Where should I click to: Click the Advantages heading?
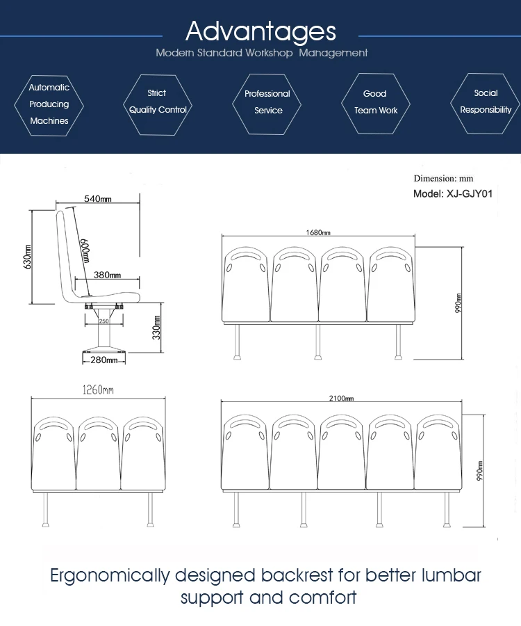pyautogui.click(x=260, y=31)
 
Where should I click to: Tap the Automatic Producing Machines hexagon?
pyautogui.click(x=49, y=104)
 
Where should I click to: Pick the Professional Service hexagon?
pyautogui.click(x=267, y=102)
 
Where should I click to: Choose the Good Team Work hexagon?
pyautogui.click(x=376, y=102)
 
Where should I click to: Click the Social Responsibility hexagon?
pyautogui.click(x=486, y=102)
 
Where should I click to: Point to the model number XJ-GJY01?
pyautogui.click(x=453, y=194)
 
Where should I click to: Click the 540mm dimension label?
pyautogui.click(x=98, y=199)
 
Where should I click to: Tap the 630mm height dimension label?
pyautogui.click(x=27, y=256)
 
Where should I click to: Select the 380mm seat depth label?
pyautogui.click(x=107, y=275)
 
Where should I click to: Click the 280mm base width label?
pyautogui.click(x=104, y=360)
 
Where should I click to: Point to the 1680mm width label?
pyautogui.click(x=318, y=232)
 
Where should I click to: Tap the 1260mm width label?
pyautogui.click(x=98, y=391)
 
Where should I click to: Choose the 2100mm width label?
pyautogui.click(x=341, y=399)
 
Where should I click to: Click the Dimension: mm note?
pyautogui.click(x=443, y=179)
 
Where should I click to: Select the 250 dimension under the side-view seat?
pyautogui.click(x=104, y=321)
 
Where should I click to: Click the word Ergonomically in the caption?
pyautogui.click(x=110, y=576)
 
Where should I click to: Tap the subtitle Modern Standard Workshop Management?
pyautogui.click(x=261, y=53)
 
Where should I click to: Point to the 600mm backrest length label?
pyautogui.click(x=85, y=250)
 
